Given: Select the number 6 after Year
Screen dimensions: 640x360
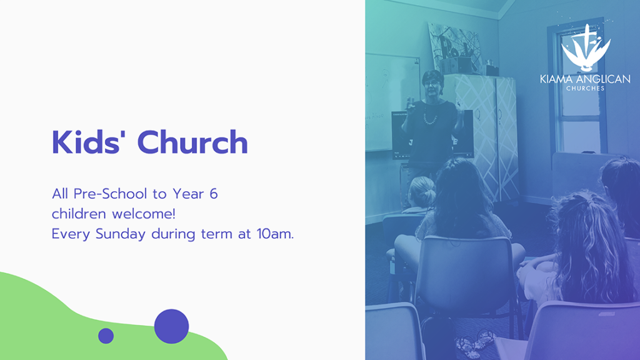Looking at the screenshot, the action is pos(214,194).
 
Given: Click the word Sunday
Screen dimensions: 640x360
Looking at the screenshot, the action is pos(121,234).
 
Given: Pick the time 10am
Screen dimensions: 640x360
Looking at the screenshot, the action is pos(275,234).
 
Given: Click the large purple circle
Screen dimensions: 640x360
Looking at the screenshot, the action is pos(171,326).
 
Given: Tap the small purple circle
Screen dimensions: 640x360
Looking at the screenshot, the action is pos(106,336).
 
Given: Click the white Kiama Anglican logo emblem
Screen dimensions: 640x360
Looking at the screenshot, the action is pos(586,47).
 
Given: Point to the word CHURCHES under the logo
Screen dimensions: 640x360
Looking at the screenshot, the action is pos(585,88).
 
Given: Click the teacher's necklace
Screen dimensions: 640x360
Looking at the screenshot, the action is pos(430,118).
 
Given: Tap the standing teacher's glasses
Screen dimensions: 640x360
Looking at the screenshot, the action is pos(430,84).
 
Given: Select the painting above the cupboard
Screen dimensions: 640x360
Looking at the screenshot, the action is pos(454,45).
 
